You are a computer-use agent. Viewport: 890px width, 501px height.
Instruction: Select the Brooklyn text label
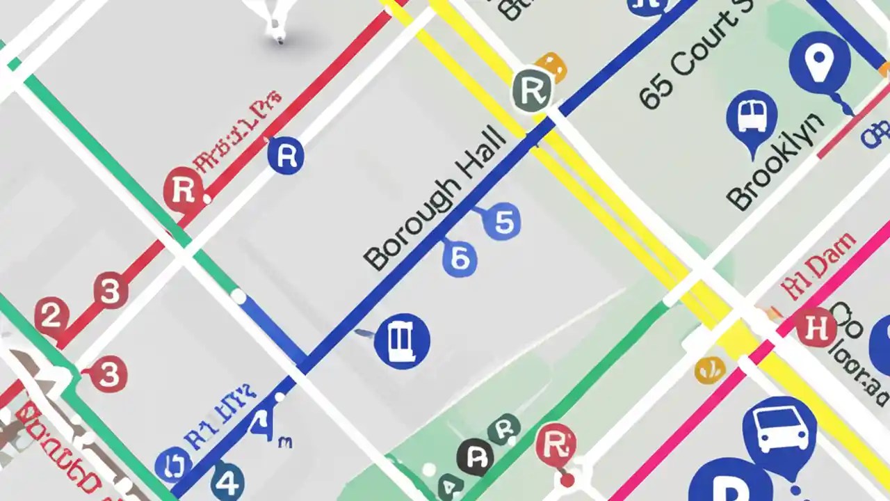tap(776, 161)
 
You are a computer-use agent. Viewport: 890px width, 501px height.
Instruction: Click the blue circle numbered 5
tap(503, 222)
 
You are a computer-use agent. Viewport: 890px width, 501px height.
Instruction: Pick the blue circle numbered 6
tap(460, 258)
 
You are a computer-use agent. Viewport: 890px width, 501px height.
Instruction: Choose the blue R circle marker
tap(286, 155)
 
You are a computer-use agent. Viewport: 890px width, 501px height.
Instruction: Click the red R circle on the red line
tap(184, 189)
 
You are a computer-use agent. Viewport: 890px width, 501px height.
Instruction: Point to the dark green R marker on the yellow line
tap(532, 89)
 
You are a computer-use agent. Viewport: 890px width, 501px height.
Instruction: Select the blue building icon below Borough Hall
tap(402, 340)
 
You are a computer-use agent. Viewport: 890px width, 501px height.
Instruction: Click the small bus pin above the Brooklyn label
tap(752, 117)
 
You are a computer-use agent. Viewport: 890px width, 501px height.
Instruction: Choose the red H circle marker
tap(816, 327)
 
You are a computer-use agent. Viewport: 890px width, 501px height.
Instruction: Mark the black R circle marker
tap(476, 458)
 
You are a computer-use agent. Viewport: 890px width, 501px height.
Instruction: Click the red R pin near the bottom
tap(556, 443)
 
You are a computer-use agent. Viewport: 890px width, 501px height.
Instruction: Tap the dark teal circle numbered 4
tap(229, 481)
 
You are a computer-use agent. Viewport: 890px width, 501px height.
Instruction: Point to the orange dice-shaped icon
tap(551, 67)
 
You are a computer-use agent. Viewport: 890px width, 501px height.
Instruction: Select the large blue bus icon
tap(779, 431)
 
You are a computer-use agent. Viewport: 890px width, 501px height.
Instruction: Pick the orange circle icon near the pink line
tap(709, 369)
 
